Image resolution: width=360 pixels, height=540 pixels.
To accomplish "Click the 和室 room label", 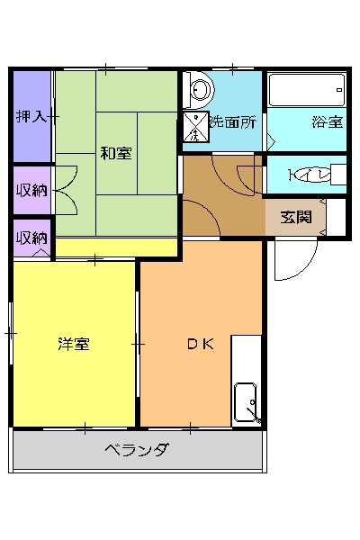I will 116,154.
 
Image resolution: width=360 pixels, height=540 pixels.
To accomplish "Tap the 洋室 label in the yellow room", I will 73,344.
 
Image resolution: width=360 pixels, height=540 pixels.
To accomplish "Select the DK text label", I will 199,344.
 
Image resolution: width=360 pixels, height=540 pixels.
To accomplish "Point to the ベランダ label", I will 136,450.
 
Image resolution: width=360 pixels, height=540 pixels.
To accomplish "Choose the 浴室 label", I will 326,121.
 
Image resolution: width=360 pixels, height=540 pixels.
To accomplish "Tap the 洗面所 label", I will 234,121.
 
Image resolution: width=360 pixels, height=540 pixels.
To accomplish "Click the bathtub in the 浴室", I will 307,91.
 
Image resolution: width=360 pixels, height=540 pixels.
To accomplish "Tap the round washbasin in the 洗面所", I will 198,90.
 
